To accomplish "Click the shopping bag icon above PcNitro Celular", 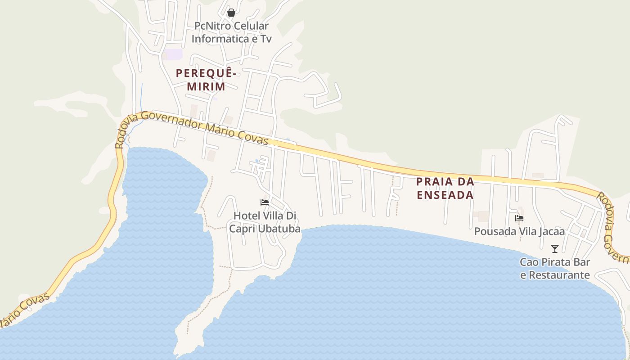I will click(x=231, y=13).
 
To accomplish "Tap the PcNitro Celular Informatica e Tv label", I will click(x=231, y=32).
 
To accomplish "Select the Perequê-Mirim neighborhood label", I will click(x=206, y=79).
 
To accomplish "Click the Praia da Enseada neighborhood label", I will click(x=445, y=188).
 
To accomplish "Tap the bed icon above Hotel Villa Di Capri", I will click(x=265, y=202).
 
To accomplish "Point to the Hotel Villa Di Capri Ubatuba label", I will click(x=265, y=222).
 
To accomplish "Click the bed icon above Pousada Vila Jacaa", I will click(x=519, y=218).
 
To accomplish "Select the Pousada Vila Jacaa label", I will click(x=519, y=232).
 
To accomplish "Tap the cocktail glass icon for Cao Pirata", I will click(x=555, y=248).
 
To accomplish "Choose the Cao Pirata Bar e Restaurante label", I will click(x=555, y=268).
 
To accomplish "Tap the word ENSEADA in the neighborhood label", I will click(x=445, y=195).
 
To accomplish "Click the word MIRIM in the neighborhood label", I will click(x=206, y=86).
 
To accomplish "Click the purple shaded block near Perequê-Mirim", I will click(x=173, y=54).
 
